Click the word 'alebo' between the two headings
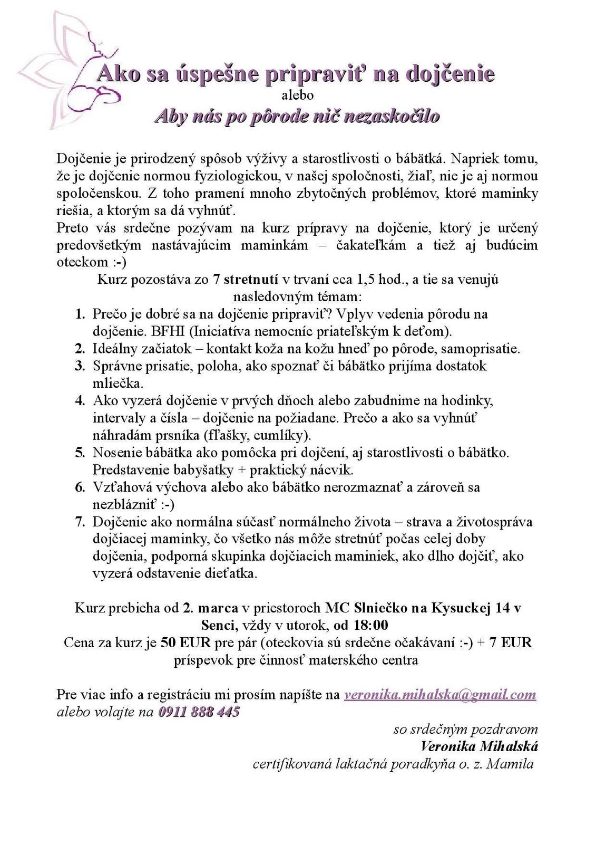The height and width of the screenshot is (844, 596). click(x=298, y=95)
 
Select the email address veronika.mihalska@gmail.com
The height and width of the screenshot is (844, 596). click(x=440, y=695)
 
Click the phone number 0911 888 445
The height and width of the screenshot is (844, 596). click(x=199, y=712)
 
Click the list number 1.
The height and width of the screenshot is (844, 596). click(x=80, y=314)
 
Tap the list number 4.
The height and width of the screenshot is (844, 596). click(x=80, y=401)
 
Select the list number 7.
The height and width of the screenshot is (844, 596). click(x=80, y=522)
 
